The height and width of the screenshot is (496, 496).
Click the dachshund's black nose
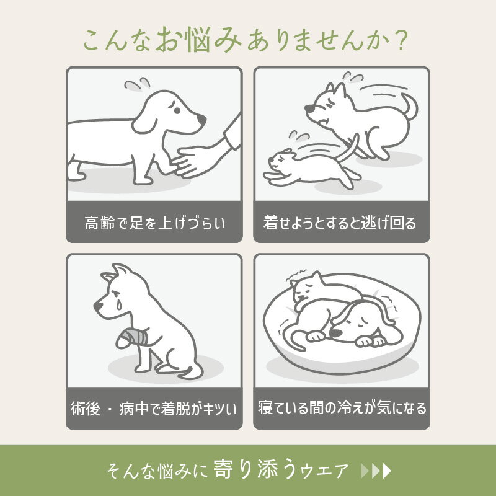[x=201, y=119]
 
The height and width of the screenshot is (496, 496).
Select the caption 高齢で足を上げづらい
[x=154, y=223]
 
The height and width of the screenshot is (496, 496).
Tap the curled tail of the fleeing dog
[x=410, y=106]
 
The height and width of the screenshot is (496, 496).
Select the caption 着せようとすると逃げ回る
[x=340, y=223]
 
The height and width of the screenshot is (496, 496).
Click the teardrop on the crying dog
[x=118, y=304]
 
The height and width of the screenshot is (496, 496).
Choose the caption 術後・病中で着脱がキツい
[x=154, y=409]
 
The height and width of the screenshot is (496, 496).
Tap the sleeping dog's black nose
[x=335, y=333]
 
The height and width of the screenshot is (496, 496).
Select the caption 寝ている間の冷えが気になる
[x=342, y=408]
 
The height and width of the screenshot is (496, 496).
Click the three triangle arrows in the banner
[x=376, y=471]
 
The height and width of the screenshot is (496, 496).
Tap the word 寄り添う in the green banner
[x=256, y=469]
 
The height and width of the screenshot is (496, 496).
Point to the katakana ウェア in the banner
[x=324, y=471]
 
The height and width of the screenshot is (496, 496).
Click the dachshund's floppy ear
[x=144, y=122]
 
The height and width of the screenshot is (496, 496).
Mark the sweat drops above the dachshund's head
[x=137, y=84]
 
